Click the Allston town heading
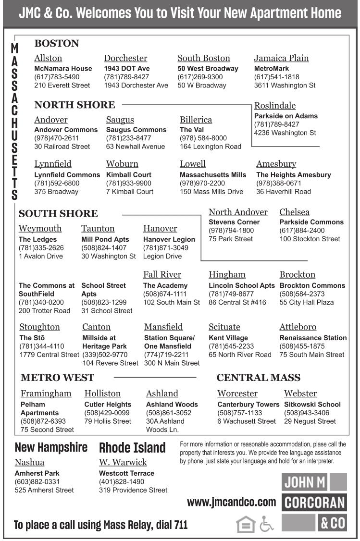(x=48, y=58)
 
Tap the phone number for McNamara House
(x=57, y=77)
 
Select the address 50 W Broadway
(x=201, y=86)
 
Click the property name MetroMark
(x=272, y=69)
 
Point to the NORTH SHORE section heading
(x=74, y=105)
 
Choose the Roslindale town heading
(x=274, y=106)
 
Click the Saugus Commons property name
(x=136, y=130)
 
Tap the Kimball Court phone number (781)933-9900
(x=128, y=183)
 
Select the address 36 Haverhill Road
(x=283, y=192)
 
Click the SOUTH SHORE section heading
(x=58, y=214)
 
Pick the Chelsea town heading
(x=294, y=212)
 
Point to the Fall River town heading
(x=162, y=275)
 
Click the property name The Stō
(x=29, y=338)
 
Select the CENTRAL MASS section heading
(x=258, y=378)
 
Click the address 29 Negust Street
(x=310, y=421)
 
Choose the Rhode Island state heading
(x=132, y=448)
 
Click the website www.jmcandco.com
(x=231, y=503)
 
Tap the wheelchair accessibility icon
(x=266, y=523)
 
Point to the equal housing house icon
(x=246, y=523)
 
